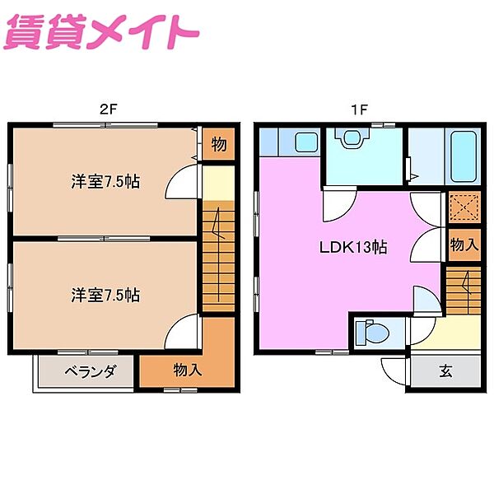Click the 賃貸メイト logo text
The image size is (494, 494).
click(103, 34)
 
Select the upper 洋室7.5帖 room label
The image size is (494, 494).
click(105, 181)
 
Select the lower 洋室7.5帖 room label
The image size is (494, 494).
click(105, 294)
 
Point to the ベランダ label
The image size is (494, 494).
click(86, 371)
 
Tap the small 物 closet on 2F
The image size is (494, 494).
click(218, 145)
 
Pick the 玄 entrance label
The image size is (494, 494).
click(445, 371)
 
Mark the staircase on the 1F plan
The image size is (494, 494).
click(464, 291)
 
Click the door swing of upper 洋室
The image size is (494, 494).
click(183, 185)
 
